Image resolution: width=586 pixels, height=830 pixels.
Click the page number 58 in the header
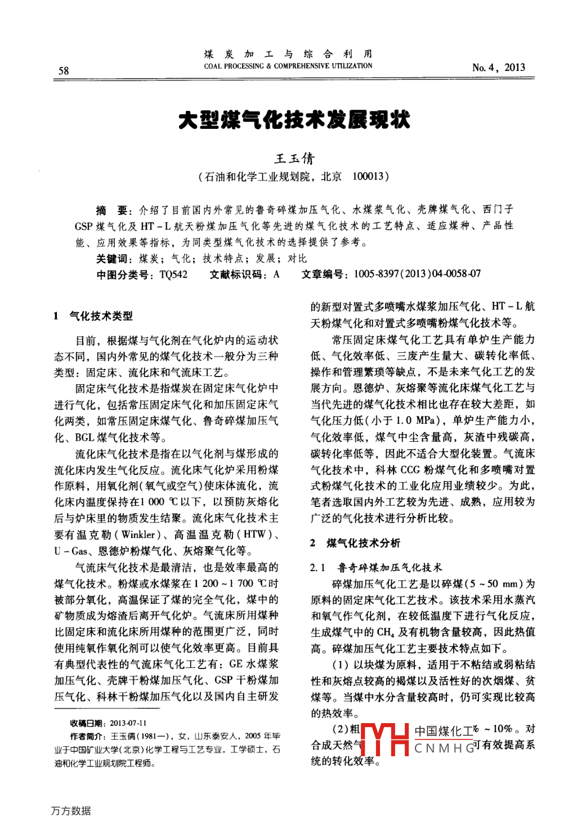click(64, 70)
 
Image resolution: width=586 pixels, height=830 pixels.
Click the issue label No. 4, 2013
click(498, 68)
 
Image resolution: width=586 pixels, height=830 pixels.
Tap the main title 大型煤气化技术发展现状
click(294, 120)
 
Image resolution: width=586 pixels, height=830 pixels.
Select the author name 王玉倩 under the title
click(294, 158)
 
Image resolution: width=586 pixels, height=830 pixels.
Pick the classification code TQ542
click(174, 274)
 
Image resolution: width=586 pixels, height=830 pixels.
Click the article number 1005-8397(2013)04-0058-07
click(417, 274)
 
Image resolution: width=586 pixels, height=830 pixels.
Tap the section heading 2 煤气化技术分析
click(356, 542)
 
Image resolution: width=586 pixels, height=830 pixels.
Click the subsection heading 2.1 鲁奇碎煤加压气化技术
click(376, 567)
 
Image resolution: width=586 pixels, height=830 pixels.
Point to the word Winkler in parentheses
click(138, 535)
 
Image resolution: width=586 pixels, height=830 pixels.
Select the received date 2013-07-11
click(128, 723)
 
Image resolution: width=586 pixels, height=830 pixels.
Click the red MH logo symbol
click(384, 739)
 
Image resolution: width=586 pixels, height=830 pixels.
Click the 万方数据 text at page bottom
click(71, 811)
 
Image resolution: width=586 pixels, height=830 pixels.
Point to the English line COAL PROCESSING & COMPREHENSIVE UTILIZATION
click(288, 66)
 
